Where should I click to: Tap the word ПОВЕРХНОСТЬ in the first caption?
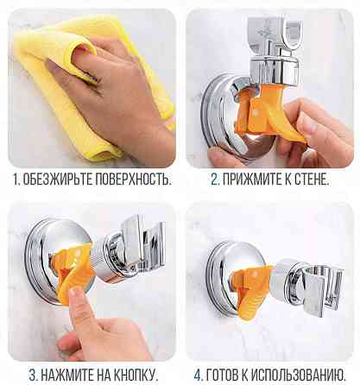tap(133, 180)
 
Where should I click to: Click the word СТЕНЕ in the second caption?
tap(312, 180)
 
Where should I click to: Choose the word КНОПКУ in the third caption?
tap(136, 376)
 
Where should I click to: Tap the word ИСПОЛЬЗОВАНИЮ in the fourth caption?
tap(298, 376)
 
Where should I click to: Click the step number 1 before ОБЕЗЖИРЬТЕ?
tap(16, 180)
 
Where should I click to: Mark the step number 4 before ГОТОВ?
tap(199, 376)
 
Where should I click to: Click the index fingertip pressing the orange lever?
tap(75, 294)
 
